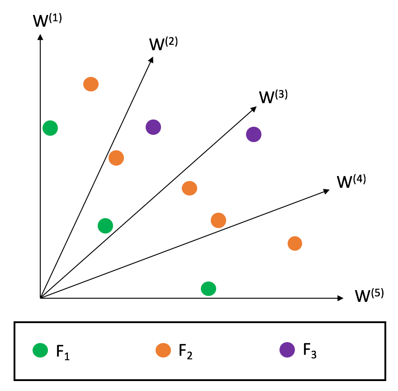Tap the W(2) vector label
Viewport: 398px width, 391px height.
coord(163,43)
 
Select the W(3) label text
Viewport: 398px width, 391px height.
coord(273,97)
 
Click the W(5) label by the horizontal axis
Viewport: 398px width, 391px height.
coord(369,295)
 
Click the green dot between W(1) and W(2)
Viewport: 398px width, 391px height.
coord(50,128)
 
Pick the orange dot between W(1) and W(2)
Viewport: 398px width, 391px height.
coord(91,84)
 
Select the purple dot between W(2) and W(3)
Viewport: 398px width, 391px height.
coord(153,127)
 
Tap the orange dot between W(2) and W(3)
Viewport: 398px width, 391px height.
coord(116,158)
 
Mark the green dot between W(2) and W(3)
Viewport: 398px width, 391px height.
coord(105,225)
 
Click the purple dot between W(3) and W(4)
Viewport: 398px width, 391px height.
coord(254,134)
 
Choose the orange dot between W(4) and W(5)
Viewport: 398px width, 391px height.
coord(295,243)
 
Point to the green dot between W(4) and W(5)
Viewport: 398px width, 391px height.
coord(208,288)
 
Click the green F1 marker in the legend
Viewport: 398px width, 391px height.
coord(40,350)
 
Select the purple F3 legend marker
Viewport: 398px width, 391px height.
coord(287,350)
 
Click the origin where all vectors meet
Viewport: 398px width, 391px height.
coord(41,298)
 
